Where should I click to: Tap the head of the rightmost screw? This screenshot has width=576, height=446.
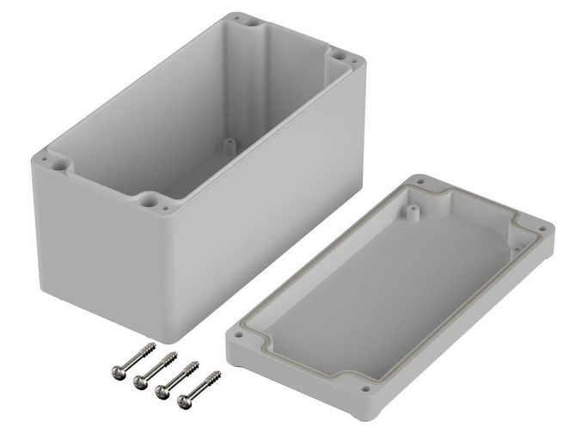coord(182,400)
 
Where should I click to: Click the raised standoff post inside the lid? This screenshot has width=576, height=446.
coord(414,209)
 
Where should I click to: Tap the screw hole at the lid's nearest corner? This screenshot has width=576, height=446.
coord(365,389)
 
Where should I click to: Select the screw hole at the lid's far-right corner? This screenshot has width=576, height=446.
coord(542,228)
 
